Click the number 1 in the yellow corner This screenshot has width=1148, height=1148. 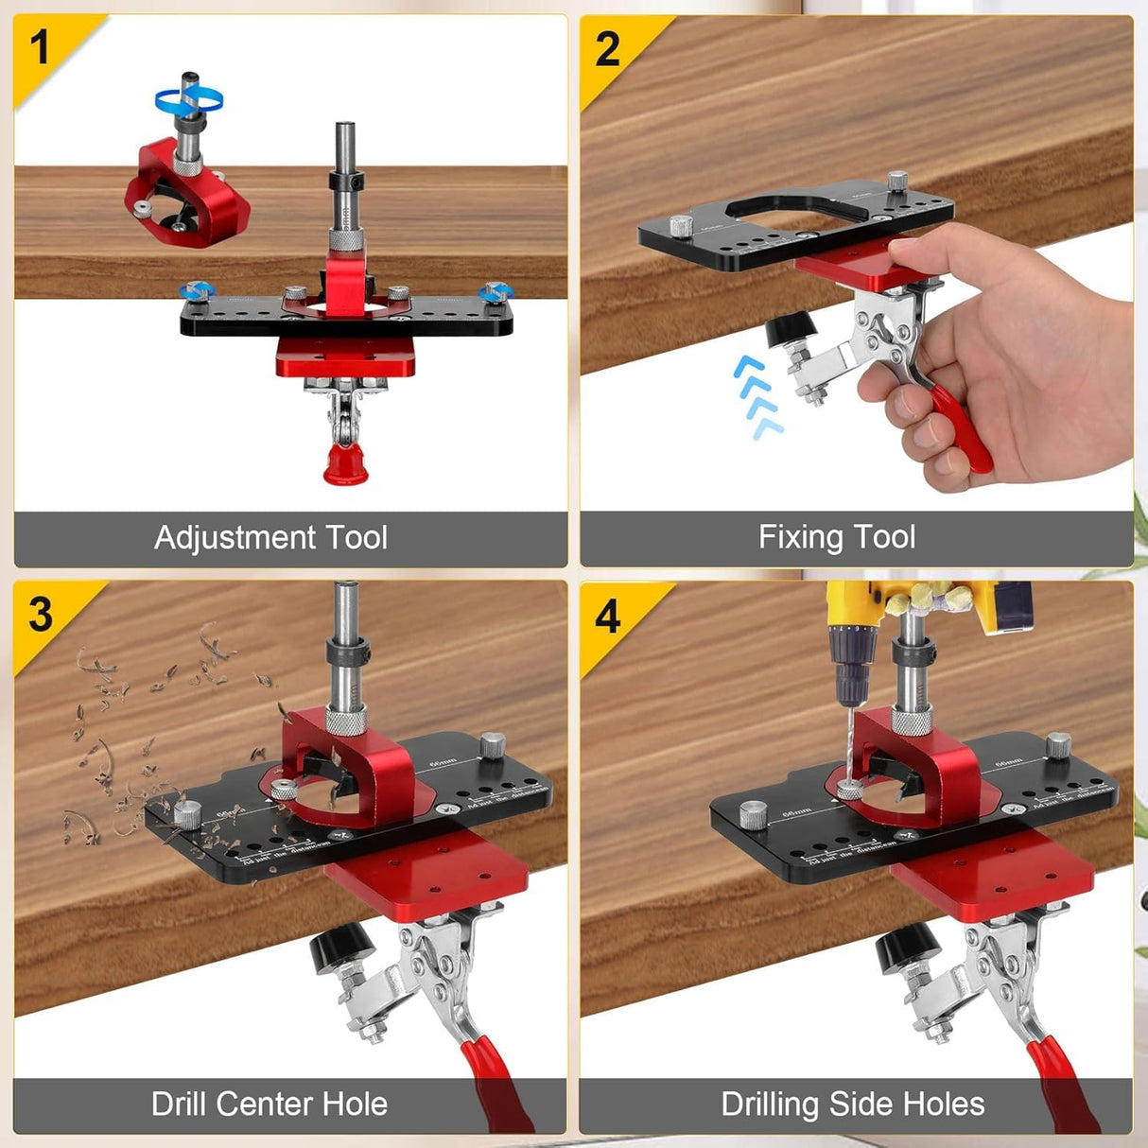[39, 47]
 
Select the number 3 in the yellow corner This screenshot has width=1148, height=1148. [40, 615]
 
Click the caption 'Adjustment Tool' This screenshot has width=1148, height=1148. [270, 537]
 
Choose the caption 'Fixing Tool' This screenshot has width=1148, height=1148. [836, 537]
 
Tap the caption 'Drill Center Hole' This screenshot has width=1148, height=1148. [270, 1104]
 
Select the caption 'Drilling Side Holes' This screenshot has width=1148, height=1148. [852, 1104]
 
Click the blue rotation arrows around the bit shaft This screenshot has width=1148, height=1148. [189, 97]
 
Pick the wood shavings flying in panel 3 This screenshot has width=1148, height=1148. [142, 738]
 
